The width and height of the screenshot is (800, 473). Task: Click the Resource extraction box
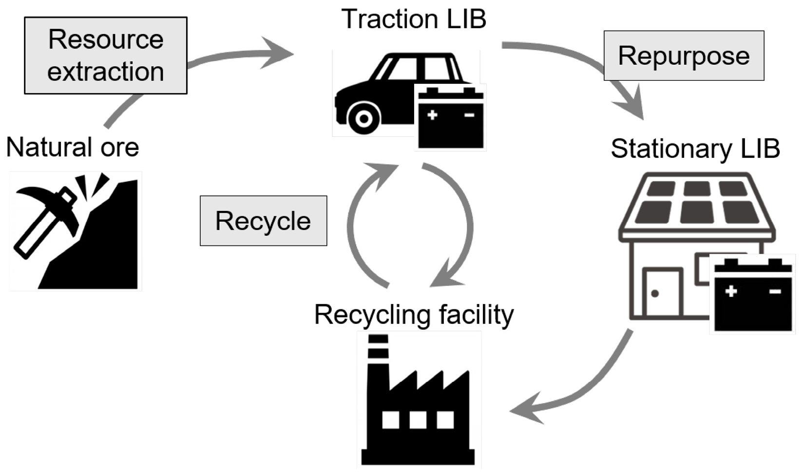[x=106, y=55]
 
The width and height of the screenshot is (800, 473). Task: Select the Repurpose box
[x=684, y=56]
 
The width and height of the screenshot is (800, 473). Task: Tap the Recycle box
[x=263, y=221]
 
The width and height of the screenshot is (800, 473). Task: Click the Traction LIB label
[x=414, y=19]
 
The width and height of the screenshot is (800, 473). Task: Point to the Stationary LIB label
[x=695, y=149]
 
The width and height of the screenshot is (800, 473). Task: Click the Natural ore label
[x=73, y=147]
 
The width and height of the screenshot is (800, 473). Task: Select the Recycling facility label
[x=414, y=315]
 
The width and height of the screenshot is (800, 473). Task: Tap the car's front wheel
[x=363, y=118]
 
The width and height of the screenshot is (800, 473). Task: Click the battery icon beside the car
[x=451, y=118]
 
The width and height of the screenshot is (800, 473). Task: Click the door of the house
[x=662, y=292]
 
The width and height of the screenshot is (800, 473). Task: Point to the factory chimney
[x=378, y=360]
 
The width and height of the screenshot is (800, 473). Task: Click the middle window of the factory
[x=418, y=419]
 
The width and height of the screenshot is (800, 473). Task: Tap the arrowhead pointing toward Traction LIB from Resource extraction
[x=280, y=53]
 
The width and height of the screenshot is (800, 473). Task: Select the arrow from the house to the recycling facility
[x=585, y=385]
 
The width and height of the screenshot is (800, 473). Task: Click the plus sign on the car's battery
[x=432, y=115]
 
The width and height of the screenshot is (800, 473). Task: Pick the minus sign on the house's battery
[x=775, y=291]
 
